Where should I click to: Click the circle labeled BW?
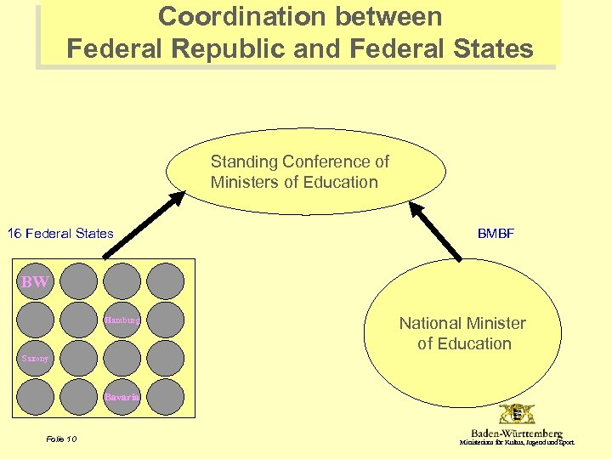tap(37, 281)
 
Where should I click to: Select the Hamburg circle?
tap(122, 320)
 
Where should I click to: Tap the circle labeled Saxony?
tap(37, 359)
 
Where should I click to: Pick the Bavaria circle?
tap(122, 397)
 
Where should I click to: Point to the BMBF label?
tap(496, 234)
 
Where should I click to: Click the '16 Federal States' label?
tap(60, 234)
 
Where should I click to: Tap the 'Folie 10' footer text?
tap(60, 439)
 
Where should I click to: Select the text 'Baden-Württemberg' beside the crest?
tap(517, 433)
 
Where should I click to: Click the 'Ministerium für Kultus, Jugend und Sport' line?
tap(517, 443)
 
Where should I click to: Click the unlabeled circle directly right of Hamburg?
tap(165, 320)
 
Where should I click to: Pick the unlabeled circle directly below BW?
tap(37, 320)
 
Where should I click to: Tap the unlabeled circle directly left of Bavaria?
tap(79, 397)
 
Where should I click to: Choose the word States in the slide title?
tap(493, 48)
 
